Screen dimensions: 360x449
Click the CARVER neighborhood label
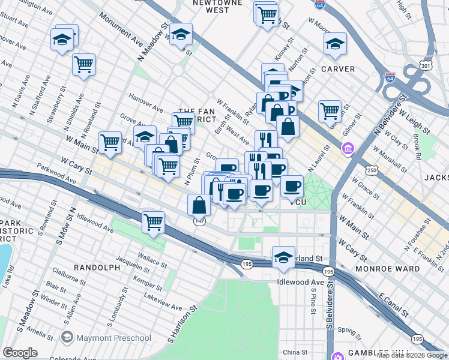338,69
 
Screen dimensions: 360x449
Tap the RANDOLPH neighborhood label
97,268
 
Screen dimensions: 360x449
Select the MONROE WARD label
387,269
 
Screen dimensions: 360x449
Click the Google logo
20,353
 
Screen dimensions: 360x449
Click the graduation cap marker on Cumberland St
283,257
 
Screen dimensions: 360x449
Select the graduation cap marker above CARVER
335,43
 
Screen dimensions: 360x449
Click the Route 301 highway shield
409,65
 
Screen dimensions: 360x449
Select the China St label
295,352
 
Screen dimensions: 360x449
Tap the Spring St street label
348,329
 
